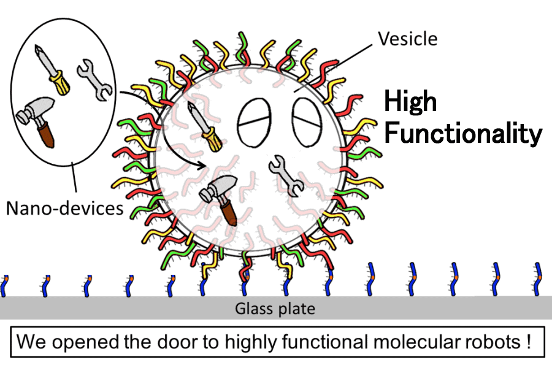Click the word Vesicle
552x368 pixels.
click(408, 39)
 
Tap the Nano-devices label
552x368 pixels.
click(65, 209)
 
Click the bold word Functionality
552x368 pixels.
click(462, 133)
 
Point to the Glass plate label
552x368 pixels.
click(275, 309)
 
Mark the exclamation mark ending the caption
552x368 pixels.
click(527, 342)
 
